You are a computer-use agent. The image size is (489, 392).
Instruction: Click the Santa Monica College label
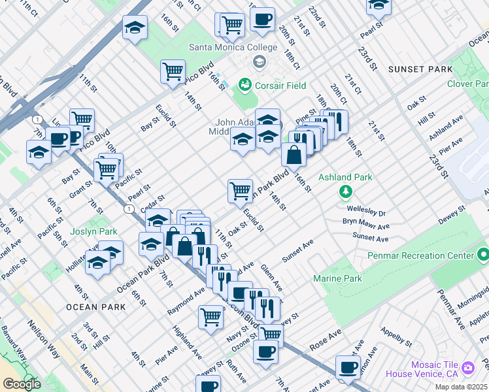coord(226,46)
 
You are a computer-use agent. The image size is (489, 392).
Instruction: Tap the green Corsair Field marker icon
coord(245,84)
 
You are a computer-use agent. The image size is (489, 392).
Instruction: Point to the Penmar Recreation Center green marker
coord(482,254)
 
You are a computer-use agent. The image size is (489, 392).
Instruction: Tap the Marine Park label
coord(338,279)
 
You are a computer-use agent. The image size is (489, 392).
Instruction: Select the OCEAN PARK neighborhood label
coord(95,306)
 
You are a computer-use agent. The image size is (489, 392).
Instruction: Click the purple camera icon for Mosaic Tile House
coord(467,368)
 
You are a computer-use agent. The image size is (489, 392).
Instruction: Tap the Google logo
coord(22,384)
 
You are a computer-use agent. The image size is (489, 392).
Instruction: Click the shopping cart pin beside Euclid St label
coord(240,190)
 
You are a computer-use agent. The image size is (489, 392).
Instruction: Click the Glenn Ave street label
coord(271,278)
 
